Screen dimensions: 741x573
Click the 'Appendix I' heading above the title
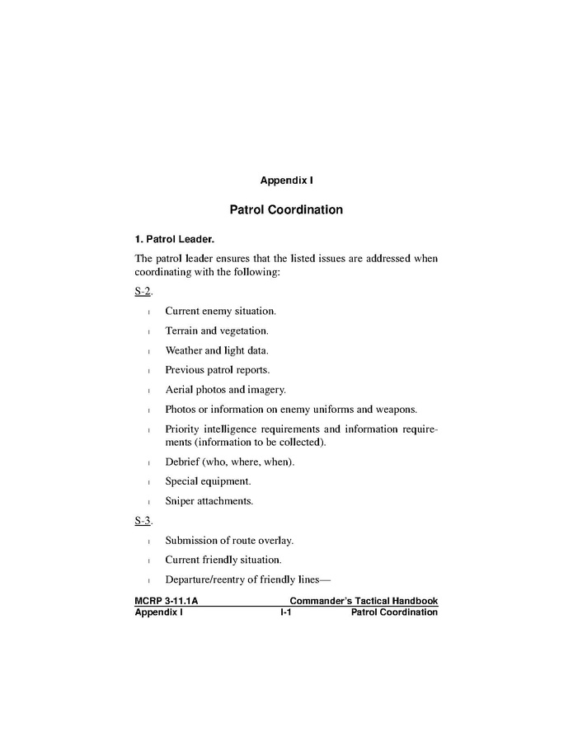pos(286,180)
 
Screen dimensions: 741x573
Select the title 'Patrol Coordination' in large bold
pos(286,209)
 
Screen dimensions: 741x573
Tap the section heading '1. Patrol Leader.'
pos(174,240)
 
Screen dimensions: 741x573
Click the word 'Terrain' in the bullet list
pos(181,331)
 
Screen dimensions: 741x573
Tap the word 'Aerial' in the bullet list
pos(179,390)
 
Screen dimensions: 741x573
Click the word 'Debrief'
pos(183,462)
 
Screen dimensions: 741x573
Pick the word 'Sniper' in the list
pos(180,500)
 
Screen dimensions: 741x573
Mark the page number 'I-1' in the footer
pos(286,612)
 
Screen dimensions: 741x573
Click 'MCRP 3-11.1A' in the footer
pos(166,602)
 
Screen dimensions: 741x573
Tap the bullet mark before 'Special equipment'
pos(148,482)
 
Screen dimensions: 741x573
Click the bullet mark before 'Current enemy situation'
pos(148,312)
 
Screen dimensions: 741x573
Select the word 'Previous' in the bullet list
pos(186,370)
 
